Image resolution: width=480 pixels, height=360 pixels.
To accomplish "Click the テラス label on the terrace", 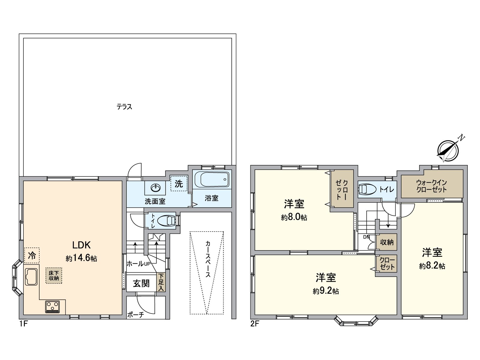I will [x=124, y=107].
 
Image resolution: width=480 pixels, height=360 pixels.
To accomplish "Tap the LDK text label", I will [x=81, y=245].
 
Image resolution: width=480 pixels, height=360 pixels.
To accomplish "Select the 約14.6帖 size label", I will [x=81, y=258].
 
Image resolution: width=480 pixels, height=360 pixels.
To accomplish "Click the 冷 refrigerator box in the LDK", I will [x=32, y=256].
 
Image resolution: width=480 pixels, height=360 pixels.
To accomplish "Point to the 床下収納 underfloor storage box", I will [x=54, y=275].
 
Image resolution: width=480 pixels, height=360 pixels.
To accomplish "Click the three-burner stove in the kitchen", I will [x=52, y=307].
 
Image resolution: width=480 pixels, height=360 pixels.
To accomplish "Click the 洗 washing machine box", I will [x=179, y=184].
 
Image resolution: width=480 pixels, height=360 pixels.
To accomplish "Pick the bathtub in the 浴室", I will [x=212, y=179].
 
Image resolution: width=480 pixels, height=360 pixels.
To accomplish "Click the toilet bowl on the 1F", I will [x=166, y=220].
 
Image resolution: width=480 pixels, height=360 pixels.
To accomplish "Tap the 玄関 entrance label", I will [x=141, y=283].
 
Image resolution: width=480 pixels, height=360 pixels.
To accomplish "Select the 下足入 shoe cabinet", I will [x=161, y=282].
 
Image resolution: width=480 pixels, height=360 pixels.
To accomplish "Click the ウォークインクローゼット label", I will [x=431, y=186].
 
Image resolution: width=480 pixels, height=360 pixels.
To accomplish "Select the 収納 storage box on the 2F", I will [x=386, y=242].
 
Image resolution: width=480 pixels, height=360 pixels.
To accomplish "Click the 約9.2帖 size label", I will [x=326, y=291].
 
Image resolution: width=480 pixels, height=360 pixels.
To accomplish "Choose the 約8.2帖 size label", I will [x=432, y=266].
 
